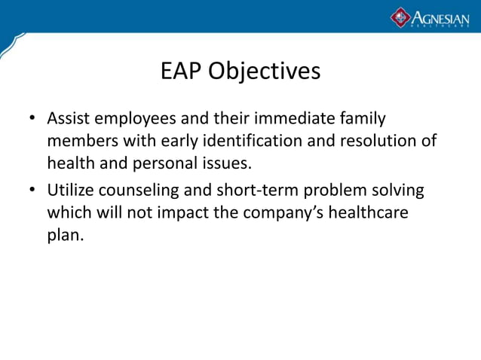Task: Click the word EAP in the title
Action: [x=182, y=72]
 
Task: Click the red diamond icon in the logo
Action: [x=400, y=17]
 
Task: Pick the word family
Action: [x=360, y=119]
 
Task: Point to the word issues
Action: [x=228, y=162]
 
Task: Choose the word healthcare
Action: [x=369, y=212]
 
